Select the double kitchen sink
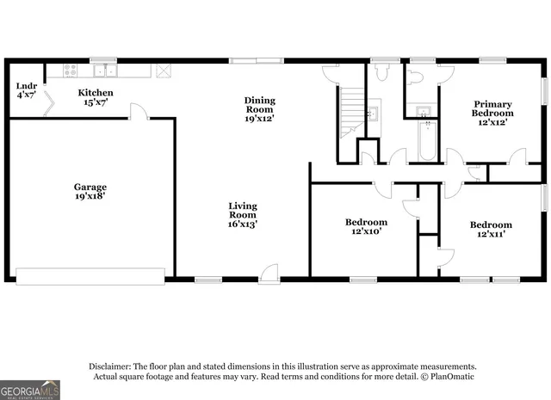tap(106, 70)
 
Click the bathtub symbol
tap(426, 142)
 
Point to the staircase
tap(350, 111)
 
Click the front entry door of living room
tap(269, 272)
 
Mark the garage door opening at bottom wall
tap(90, 276)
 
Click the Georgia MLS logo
tap(30, 391)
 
